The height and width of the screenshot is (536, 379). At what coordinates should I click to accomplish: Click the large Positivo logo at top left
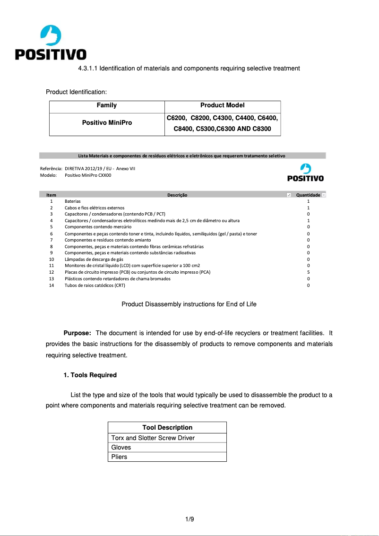point(51,43)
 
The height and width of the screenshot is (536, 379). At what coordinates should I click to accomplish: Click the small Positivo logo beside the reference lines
point(305,173)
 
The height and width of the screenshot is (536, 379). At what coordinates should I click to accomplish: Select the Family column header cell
point(107,105)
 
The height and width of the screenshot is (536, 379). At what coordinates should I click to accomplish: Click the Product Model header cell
point(222,105)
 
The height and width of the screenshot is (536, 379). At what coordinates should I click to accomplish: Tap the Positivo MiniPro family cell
point(107,123)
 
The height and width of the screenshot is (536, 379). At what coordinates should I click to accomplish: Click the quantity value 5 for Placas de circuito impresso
point(308,272)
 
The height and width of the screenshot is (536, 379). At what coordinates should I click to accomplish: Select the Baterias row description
point(72,201)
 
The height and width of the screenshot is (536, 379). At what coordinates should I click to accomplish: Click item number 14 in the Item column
point(52,285)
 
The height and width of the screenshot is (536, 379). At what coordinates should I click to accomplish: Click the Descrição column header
point(177,195)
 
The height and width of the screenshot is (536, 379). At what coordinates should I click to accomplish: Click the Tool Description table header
point(167,427)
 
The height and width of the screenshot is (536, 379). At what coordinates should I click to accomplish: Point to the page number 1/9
point(189,519)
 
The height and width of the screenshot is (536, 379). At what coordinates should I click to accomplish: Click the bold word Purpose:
point(77,333)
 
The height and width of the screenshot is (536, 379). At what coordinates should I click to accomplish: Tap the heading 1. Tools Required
point(90,375)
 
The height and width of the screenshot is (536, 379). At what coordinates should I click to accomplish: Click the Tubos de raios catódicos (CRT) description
point(95,285)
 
